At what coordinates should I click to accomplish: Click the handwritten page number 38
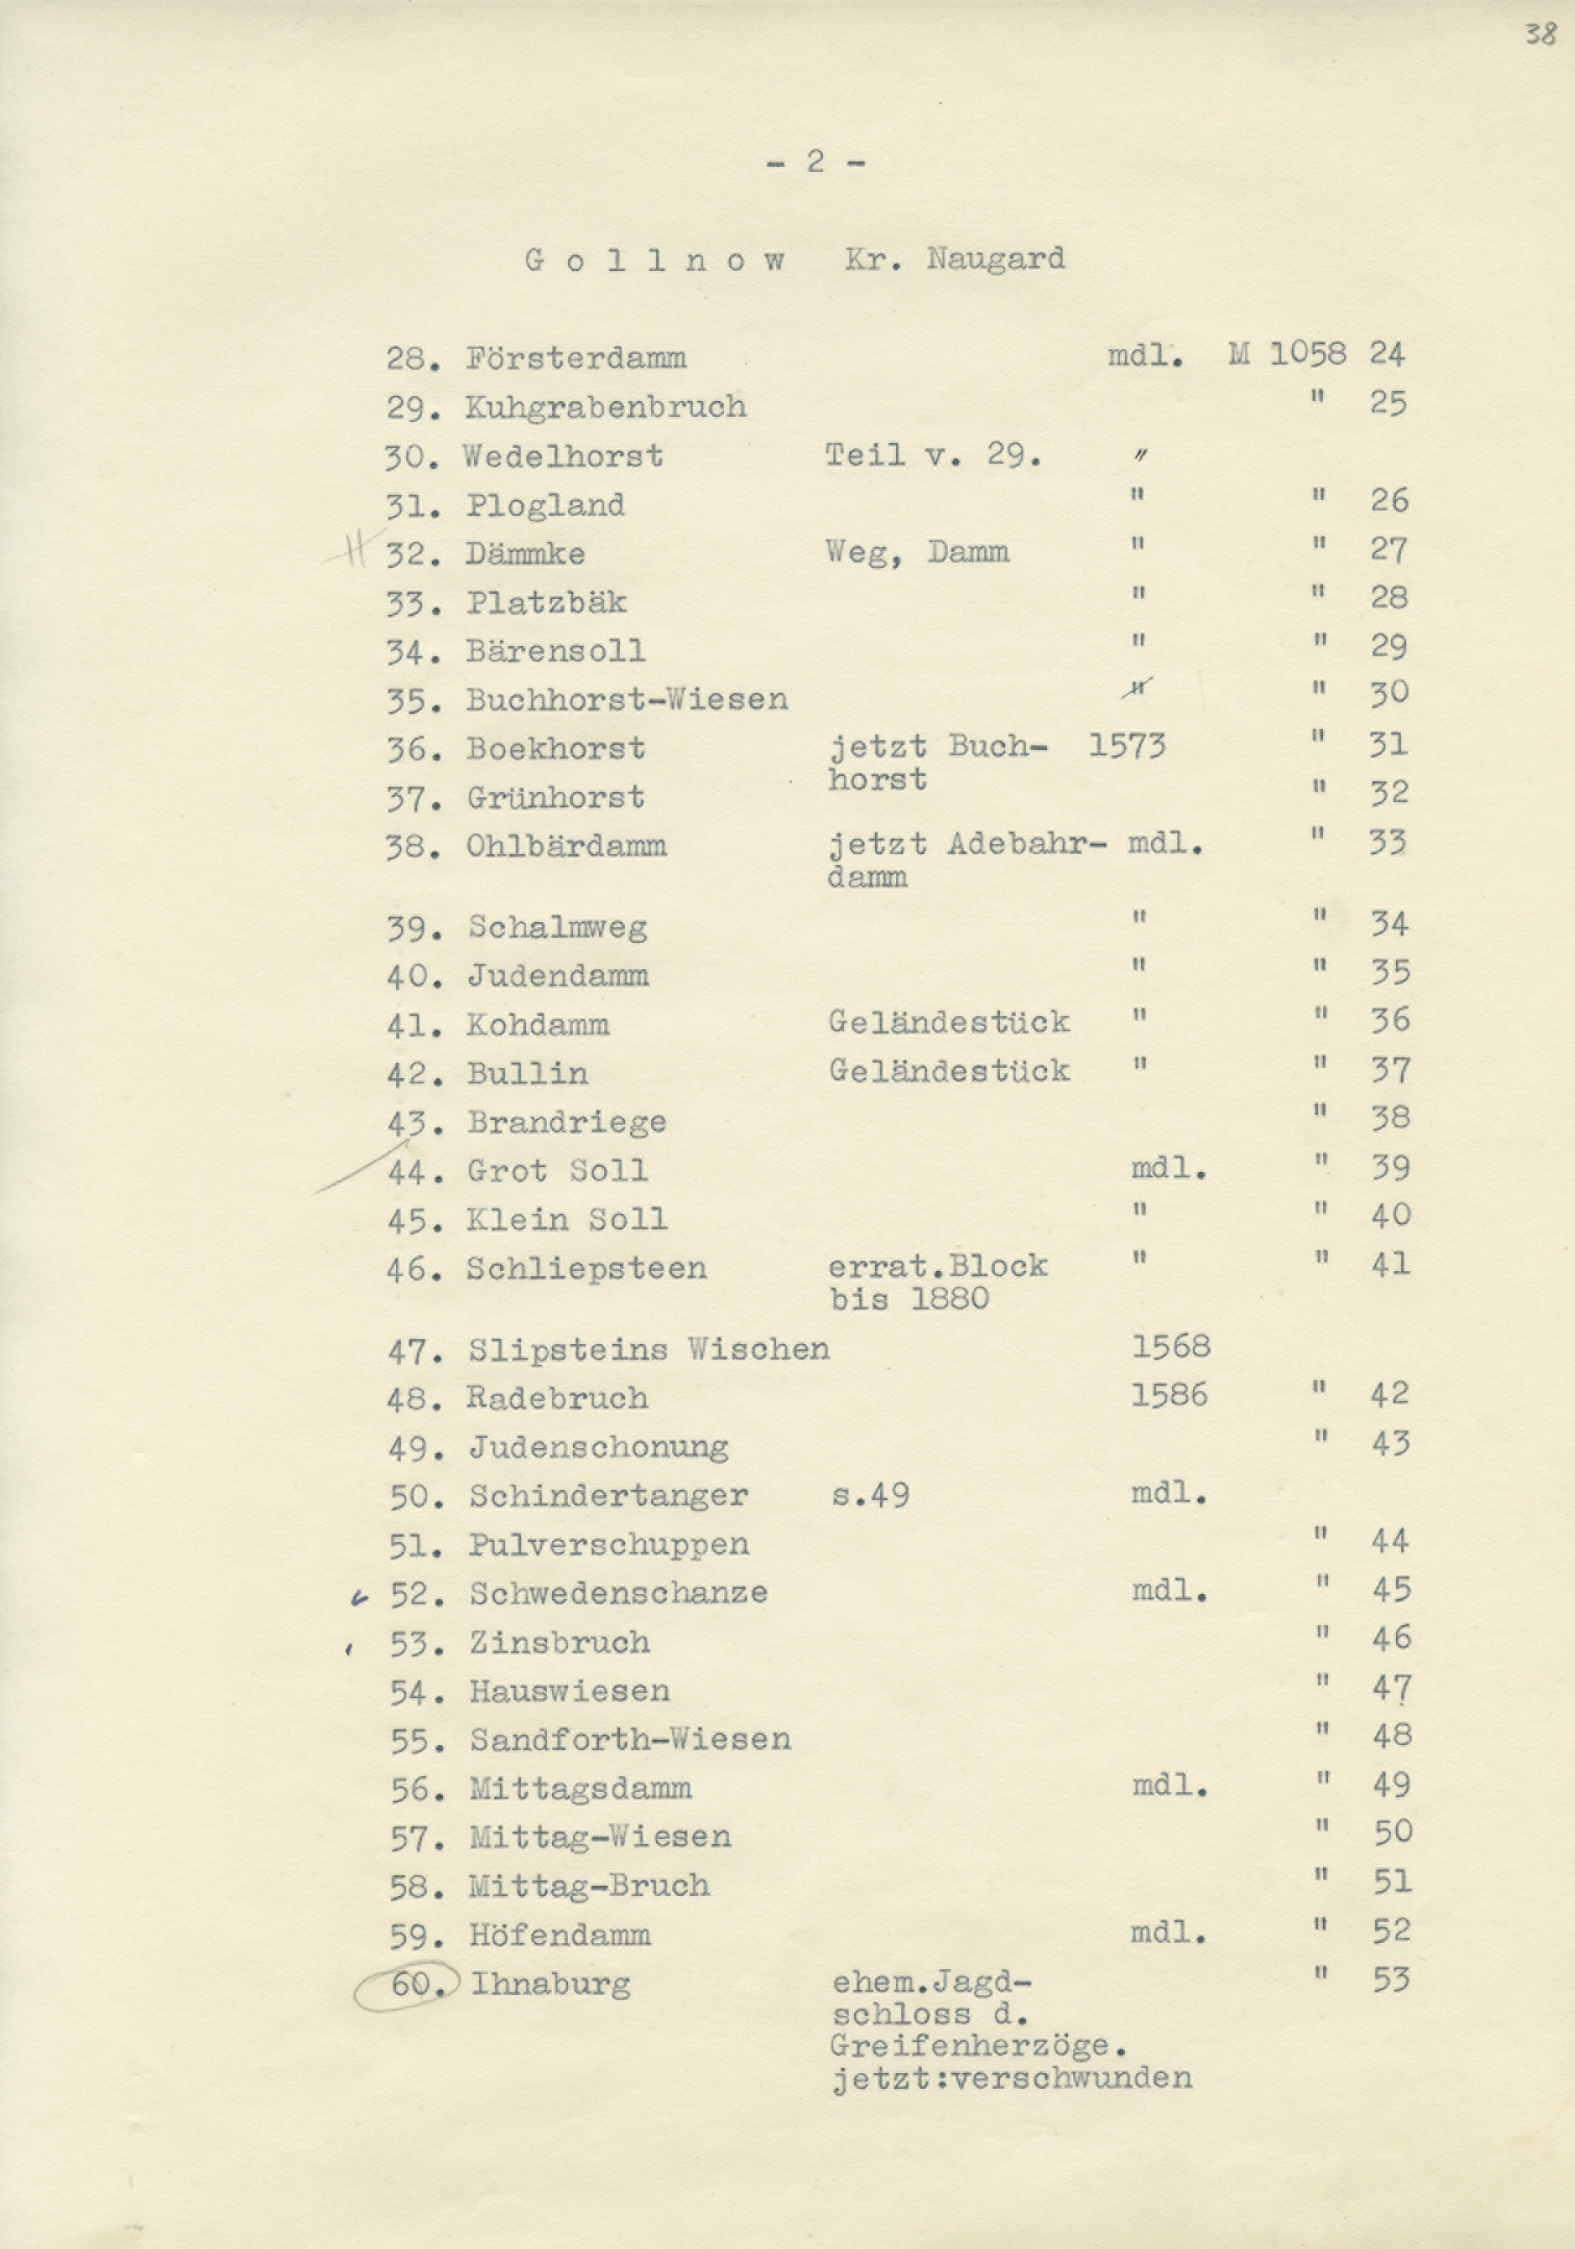(1540, 35)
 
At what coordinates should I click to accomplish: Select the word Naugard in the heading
(995, 260)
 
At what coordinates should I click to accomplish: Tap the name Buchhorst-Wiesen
(627, 699)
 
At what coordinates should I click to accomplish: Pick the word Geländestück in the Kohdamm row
(948, 1022)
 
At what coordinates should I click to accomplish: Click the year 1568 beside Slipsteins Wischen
(1171, 1346)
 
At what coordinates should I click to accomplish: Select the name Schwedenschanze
(618, 1593)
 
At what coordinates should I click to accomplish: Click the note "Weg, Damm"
(917, 552)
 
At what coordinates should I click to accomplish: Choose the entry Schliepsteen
(586, 1268)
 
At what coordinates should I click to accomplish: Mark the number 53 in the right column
(1391, 1979)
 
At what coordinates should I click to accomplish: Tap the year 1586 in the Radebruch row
(1169, 1395)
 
